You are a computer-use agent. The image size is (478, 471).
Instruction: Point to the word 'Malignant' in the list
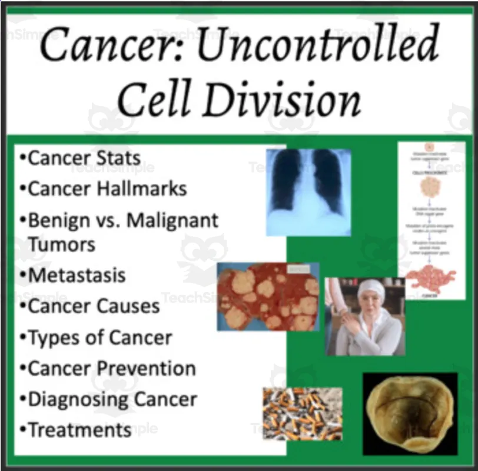[172, 220]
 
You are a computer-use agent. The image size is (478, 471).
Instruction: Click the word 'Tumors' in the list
[62, 244]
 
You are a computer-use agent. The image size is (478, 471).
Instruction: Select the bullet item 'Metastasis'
[77, 275]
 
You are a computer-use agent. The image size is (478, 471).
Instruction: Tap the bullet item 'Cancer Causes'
[94, 306]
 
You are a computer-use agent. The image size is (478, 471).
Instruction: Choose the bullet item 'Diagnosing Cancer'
[112, 399]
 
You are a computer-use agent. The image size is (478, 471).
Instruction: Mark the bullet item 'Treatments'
[79, 430]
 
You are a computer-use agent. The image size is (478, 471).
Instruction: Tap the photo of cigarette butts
[302, 414]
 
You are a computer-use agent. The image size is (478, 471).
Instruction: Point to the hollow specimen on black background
[409, 414]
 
